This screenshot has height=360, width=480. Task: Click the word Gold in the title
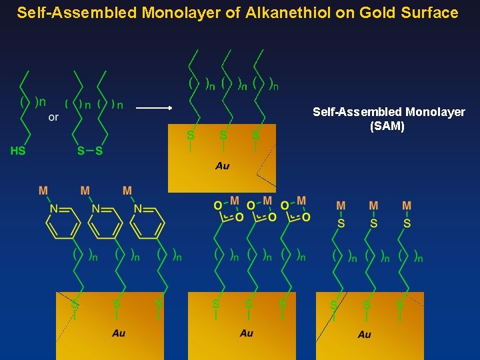(361, 13)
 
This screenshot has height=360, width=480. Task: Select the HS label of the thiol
(18, 151)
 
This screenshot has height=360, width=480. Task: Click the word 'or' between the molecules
(53, 117)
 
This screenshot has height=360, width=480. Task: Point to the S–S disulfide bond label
(90, 151)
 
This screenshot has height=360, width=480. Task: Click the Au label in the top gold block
(223, 165)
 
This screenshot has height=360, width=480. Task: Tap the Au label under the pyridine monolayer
(119, 333)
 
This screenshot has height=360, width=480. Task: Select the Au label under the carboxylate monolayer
(246, 333)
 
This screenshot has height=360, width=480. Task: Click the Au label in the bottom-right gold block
(364, 334)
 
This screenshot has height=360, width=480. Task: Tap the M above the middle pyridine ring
(85, 191)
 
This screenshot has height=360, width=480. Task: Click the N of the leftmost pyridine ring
(53, 209)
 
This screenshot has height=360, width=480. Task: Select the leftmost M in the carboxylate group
(234, 201)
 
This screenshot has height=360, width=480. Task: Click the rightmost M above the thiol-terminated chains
(407, 205)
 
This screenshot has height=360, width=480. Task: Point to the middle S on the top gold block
(223, 135)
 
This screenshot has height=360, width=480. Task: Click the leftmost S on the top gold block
(191, 135)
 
